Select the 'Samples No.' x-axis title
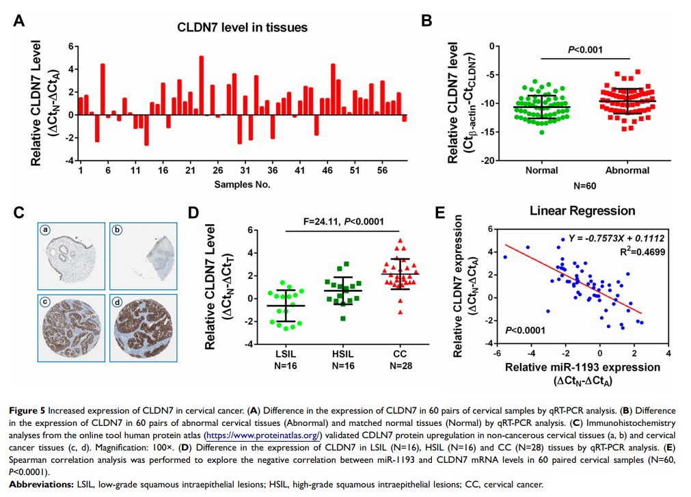pos(242,185)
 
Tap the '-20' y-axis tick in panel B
pos(488,160)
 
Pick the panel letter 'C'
pos(20,212)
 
